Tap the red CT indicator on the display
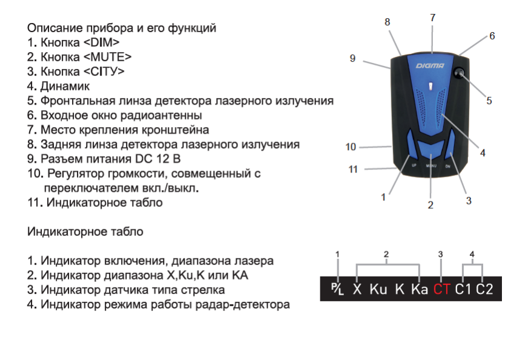pos(441,289)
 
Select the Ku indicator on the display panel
pos(378,289)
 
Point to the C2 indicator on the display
pos(484,289)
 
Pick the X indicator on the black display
pos(357,289)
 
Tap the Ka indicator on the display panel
pos(420,289)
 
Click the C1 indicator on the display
pos(464,289)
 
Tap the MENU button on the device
pos(432,162)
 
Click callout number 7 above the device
pos(433,18)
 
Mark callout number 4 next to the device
pos(483,153)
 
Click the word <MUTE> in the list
pos(107,57)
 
